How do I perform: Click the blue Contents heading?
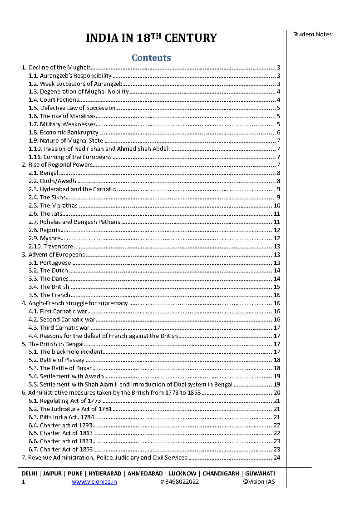click(151, 58)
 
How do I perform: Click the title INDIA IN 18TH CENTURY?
click(151, 38)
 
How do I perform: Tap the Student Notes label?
click(313, 34)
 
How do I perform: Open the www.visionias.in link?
click(94, 482)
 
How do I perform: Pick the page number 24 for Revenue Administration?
click(277, 458)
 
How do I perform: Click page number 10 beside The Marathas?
click(277, 206)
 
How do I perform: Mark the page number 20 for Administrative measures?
click(277, 393)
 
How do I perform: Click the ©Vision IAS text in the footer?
click(259, 482)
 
